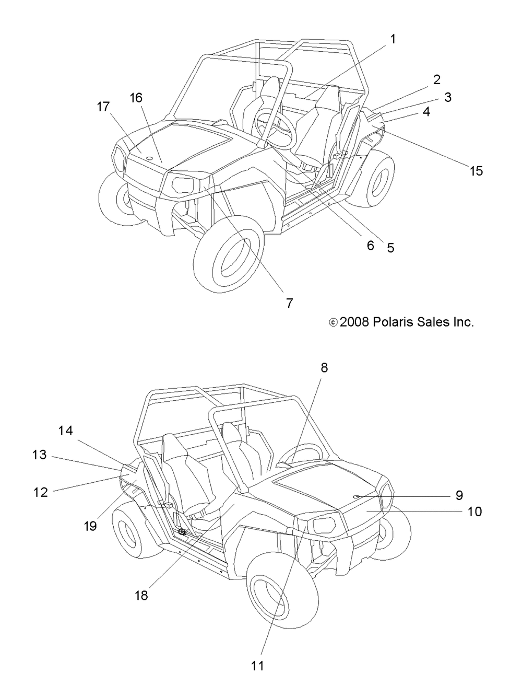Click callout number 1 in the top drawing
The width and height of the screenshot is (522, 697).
click(x=393, y=39)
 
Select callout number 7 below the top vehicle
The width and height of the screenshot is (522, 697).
click(x=289, y=303)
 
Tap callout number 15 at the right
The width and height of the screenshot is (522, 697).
click(x=476, y=171)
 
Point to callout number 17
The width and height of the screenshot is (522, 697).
click(x=103, y=107)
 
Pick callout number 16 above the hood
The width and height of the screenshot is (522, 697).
click(x=136, y=98)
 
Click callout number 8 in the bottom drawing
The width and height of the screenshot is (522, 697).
click(x=324, y=368)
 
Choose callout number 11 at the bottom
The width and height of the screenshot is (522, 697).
click(x=257, y=666)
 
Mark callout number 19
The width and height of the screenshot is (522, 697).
click(x=90, y=526)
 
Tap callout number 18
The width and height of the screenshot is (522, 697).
click(x=141, y=595)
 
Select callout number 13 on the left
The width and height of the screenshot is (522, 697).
click(x=40, y=455)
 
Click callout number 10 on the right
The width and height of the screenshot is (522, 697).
click(x=474, y=511)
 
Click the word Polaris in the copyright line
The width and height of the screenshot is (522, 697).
click(x=395, y=322)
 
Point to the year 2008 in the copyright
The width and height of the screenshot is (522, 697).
click(x=355, y=322)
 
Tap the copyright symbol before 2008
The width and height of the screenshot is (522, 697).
click(x=334, y=322)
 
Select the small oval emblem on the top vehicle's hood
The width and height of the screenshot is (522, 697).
click(x=149, y=159)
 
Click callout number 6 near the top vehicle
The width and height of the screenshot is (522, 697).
click(x=371, y=245)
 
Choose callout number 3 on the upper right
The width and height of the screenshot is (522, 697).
click(x=447, y=97)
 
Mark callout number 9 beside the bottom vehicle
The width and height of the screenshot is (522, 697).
click(x=459, y=495)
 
